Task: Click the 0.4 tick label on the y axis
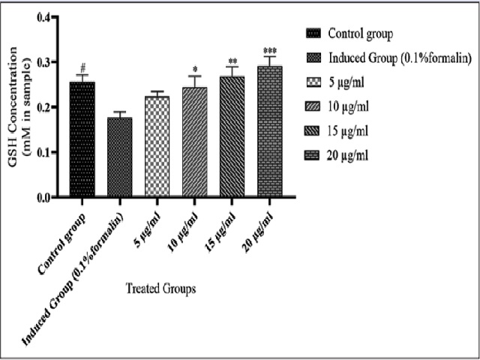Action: pos(46,17)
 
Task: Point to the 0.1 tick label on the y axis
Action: pos(46,152)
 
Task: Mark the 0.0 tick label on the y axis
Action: pos(46,197)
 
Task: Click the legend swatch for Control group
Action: pos(314,34)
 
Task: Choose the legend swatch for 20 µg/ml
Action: pos(314,155)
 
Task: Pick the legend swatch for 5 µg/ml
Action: pos(314,82)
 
